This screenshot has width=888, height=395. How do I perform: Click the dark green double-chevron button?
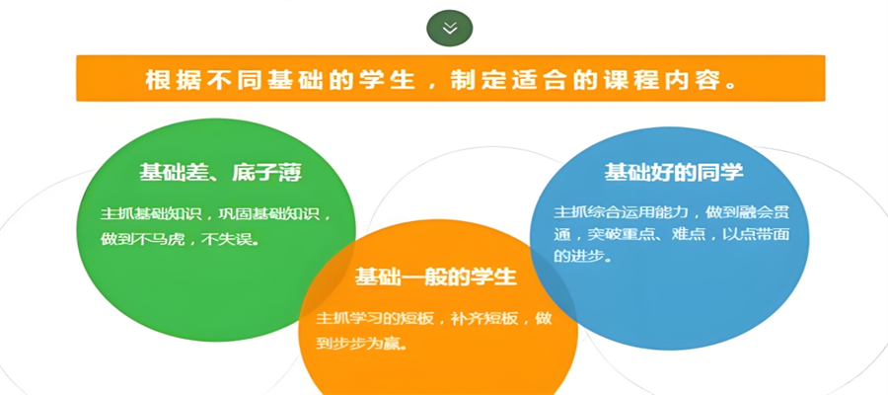click(x=450, y=29)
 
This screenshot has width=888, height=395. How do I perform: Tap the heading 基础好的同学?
click(x=674, y=173)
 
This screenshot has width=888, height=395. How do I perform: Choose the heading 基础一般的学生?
click(x=436, y=276)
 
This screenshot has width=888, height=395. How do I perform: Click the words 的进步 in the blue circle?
click(x=577, y=256)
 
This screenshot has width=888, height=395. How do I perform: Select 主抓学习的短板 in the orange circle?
click(x=375, y=319)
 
